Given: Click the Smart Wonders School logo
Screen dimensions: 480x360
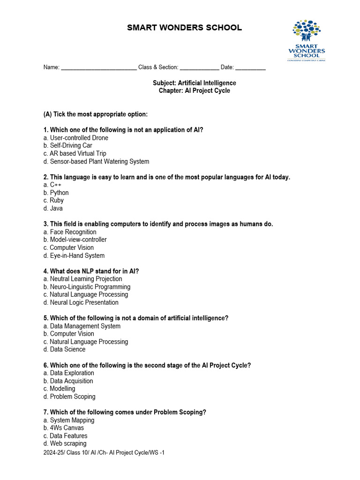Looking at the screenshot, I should pyautogui.click(x=306, y=40).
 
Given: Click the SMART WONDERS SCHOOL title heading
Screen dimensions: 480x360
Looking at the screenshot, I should pyautogui.click(x=185, y=28).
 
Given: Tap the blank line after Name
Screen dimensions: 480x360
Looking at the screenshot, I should pyautogui.click(x=98, y=67).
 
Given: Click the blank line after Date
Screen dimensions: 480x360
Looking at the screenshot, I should pyautogui.click(x=250, y=67).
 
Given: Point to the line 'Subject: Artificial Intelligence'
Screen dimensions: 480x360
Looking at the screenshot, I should pyautogui.click(x=195, y=83).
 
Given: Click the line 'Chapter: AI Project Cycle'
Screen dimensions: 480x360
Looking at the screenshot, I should pyautogui.click(x=195, y=91).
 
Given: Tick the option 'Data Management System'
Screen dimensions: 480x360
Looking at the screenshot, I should pyautogui.click(x=82, y=326).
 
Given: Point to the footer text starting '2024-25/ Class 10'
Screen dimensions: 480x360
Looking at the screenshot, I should pyautogui.click(x=104, y=453).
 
